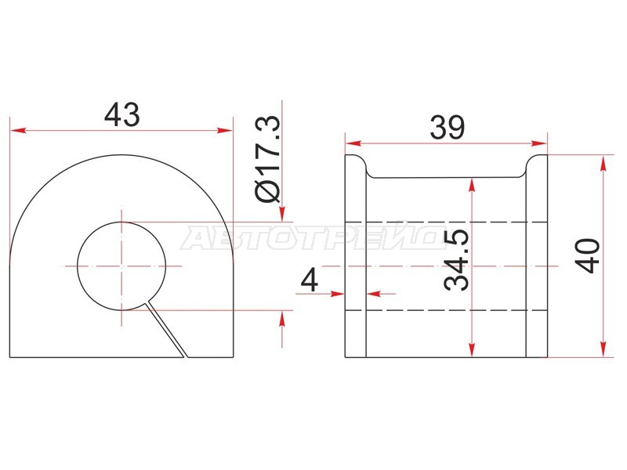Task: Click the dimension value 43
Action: (122, 114)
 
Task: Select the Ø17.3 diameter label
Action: (267, 159)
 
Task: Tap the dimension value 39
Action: (448, 128)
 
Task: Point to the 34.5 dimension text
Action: (456, 260)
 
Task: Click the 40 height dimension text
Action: (587, 256)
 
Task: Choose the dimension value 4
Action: (309, 280)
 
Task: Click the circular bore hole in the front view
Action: (121, 266)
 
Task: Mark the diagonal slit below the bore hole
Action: (167, 328)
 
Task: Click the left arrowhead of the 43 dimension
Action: (18, 130)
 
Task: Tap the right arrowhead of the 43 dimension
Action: (224, 130)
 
